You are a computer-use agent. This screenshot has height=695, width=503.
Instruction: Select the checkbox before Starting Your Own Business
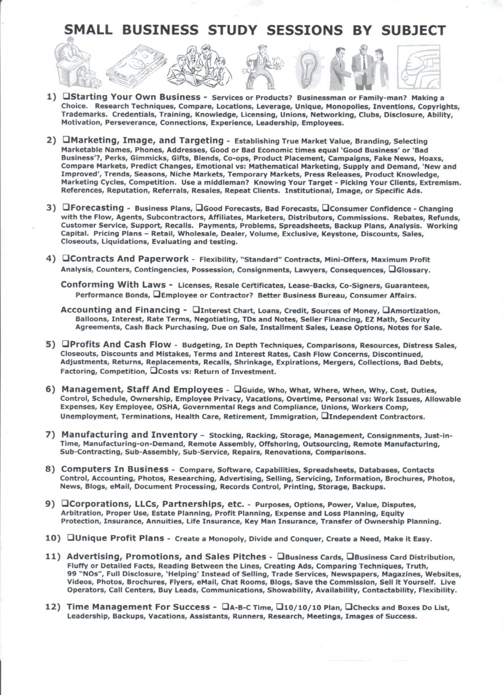pos(66,97)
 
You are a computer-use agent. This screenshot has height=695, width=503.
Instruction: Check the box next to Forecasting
pos(66,207)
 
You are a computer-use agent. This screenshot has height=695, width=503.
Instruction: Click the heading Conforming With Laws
pos(113,284)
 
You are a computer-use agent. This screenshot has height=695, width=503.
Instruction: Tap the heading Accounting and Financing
pos(120,310)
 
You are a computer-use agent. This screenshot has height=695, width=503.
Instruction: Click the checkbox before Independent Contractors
pos(325,416)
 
